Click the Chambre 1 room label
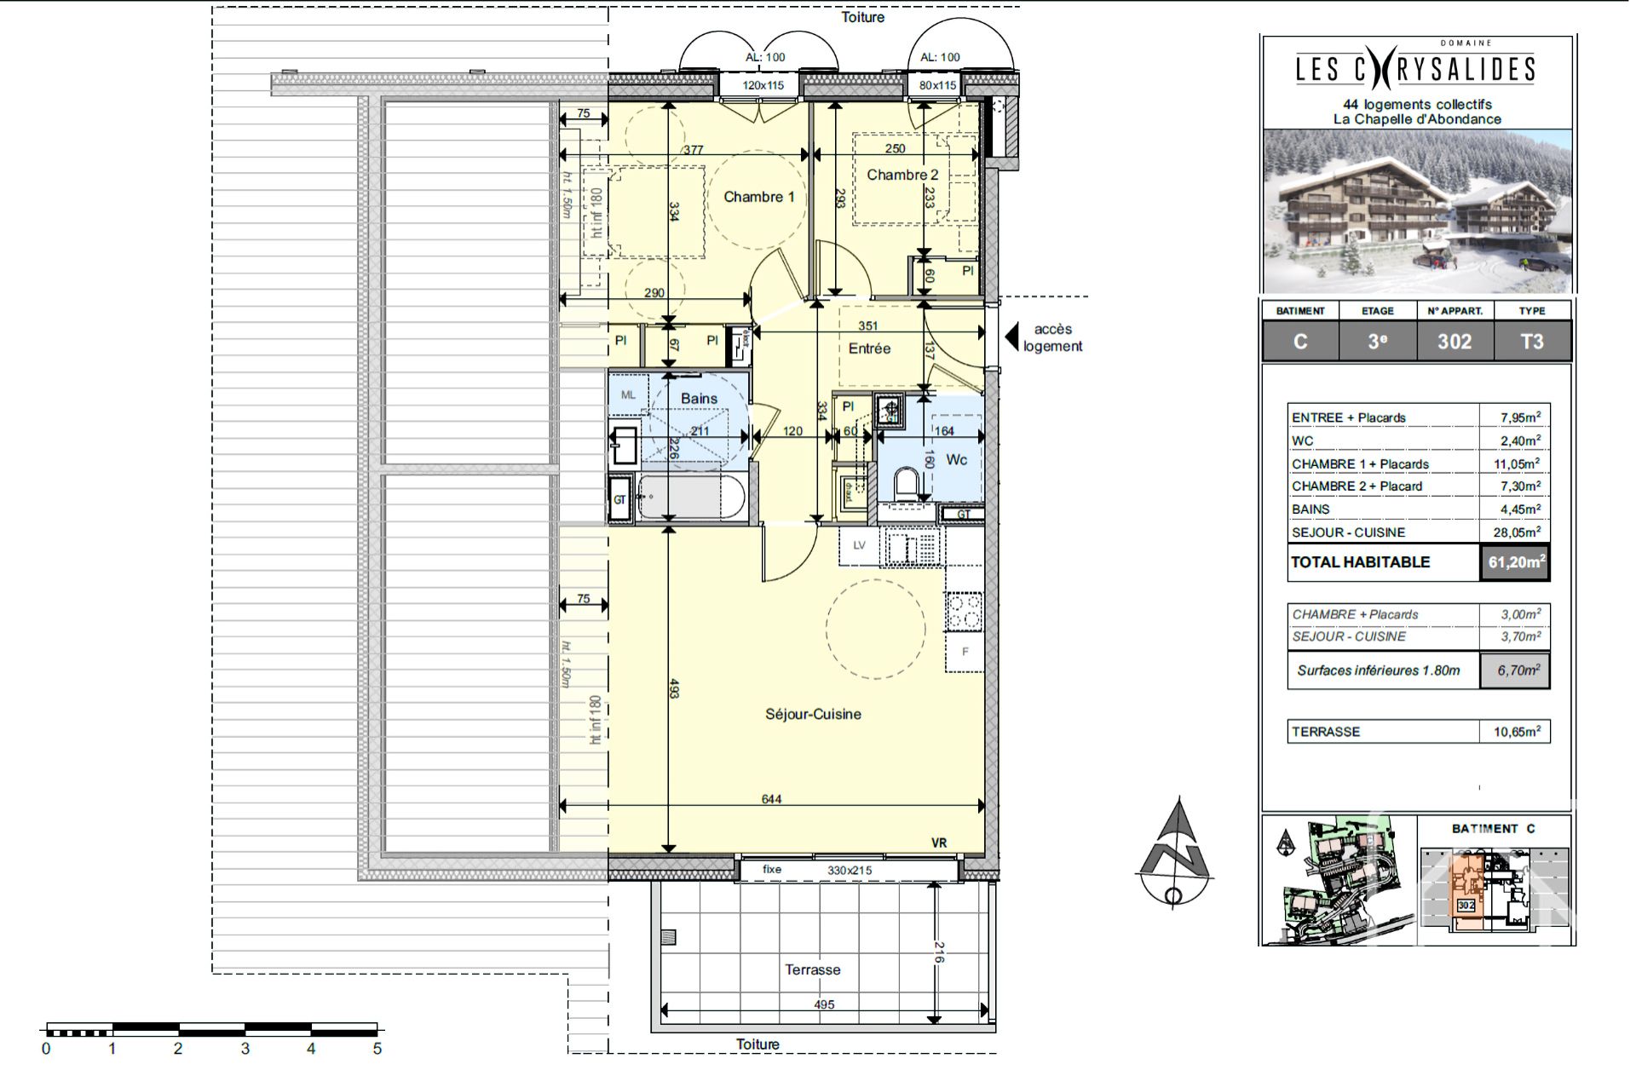click(758, 197)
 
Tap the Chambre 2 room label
click(902, 175)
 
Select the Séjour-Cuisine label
click(812, 714)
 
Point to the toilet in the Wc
click(907, 486)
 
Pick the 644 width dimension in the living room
click(771, 799)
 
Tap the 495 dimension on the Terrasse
click(823, 1004)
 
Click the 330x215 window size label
click(850, 871)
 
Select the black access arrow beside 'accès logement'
click(1011, 337)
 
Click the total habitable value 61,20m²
click(1515, 562)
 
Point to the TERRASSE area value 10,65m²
click(1516, 732)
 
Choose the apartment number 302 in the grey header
click(1454, 342)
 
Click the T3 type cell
click(1531, 342)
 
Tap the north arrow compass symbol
click(1176, 852)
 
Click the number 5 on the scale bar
click(377, 1049)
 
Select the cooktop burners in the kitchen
click(965, 612)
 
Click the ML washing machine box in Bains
click(628, 395)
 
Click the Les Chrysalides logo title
click(1415, 68)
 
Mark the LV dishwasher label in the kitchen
click(859, 545)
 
